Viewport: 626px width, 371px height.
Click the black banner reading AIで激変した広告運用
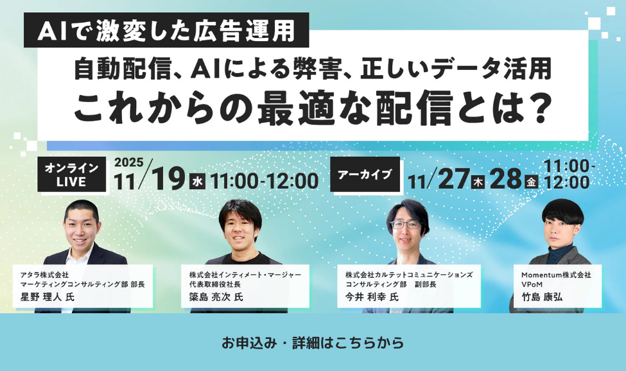[x=166, y=30]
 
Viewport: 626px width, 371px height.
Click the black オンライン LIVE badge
[x=71, y=175]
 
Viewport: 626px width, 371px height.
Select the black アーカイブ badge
[x=364, y=174]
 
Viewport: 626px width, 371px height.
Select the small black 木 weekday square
[x=478, y=182]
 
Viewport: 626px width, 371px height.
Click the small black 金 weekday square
[x=531, y=182]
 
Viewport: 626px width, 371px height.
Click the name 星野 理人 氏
[x=48, y=297]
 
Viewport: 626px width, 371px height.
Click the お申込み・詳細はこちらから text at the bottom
[x=313, y=343]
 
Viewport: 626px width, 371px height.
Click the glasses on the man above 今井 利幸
[x=406, y=225]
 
